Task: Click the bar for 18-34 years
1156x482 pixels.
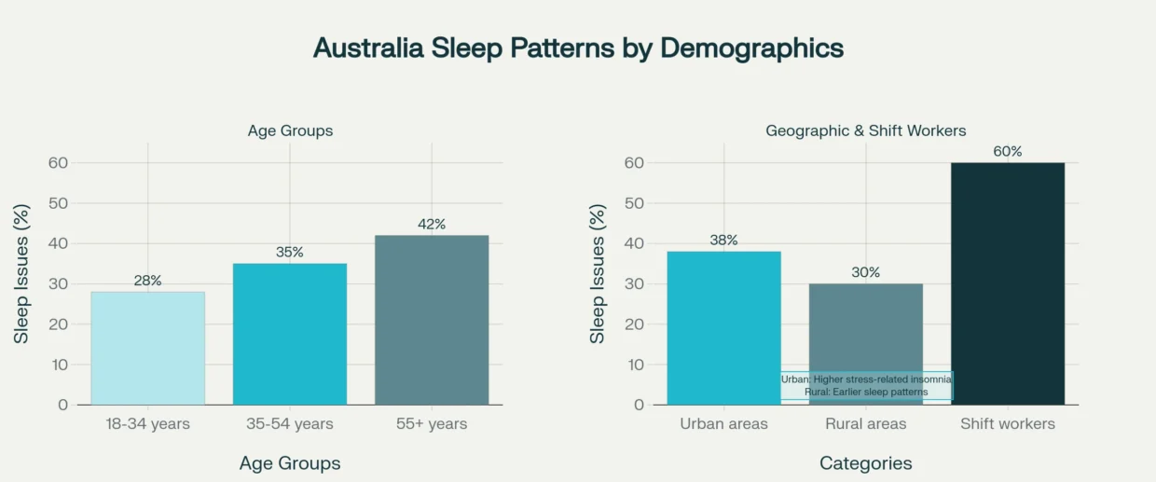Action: (x=147, y=348)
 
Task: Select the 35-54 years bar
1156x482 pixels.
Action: (x=289, y=334)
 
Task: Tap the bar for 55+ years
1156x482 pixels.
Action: (x=432, y=320)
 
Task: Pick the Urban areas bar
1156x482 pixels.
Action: (x=723, y=327)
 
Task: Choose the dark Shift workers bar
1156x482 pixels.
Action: (x=1007, y=283)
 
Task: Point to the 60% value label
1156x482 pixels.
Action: (x=1007, y=151)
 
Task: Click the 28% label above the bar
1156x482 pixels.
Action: (x=147, y=280)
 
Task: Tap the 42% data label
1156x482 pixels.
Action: (x=432, y=224)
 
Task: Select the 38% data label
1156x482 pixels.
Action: (x=723, y=240)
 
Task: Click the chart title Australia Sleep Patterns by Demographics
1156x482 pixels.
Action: (x=578, y=48)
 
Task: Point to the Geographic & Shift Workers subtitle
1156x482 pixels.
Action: (x=865, y=131)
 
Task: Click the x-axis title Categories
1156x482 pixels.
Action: (x=865, y=463)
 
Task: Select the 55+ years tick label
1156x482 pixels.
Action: (x=432, y=424)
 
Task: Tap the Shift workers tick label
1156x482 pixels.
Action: (x=1007, y=424)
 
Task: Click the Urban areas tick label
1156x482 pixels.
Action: (x=723, y=424)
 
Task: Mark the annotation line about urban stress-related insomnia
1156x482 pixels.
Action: (x=866, y=379)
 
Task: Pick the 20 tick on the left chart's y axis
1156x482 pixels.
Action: (x=59, y=324)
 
